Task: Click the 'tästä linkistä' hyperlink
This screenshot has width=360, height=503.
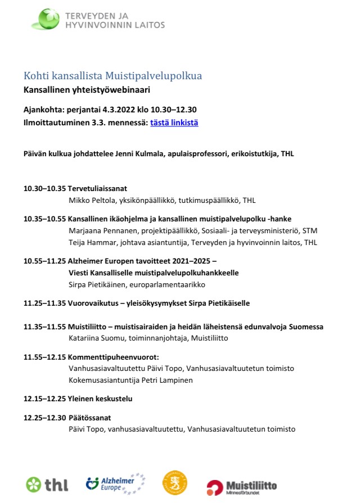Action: (174, 123)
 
